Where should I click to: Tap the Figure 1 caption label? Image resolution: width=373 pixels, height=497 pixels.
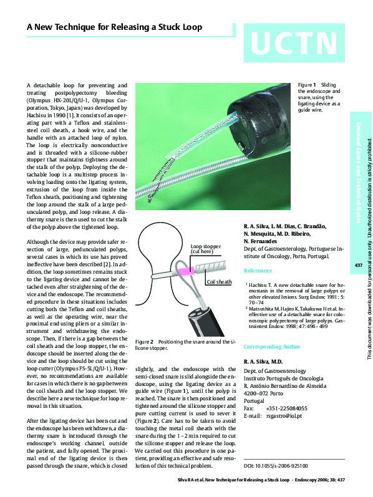tap(308, 84)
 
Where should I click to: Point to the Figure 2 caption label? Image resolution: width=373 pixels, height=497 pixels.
tap(144, 342)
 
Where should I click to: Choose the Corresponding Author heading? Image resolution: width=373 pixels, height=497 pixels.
tap(272, 346)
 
